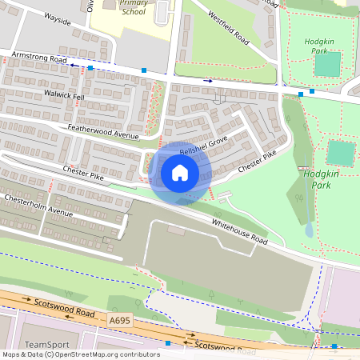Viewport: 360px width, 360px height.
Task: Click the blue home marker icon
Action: pos(180,172)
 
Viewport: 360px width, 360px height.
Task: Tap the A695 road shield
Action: pos(118,319)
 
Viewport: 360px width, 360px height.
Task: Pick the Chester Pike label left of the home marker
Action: pos(83,171)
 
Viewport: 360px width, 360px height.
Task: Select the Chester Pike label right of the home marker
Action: pos(257,160)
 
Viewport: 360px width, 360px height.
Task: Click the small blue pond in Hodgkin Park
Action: pos(310,230)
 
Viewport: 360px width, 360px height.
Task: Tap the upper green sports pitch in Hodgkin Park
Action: pos(326,65)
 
